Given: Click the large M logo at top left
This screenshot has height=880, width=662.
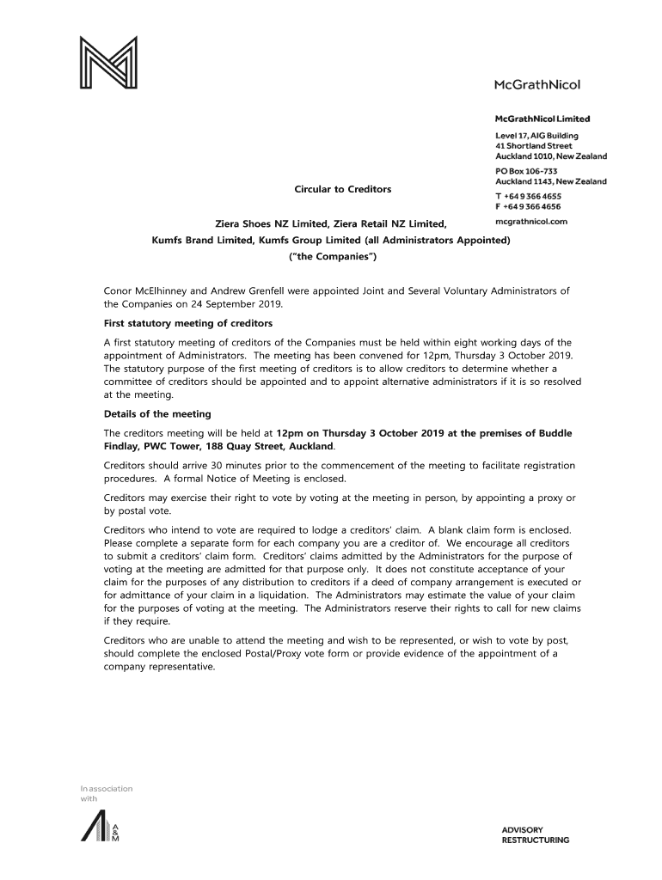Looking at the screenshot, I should [x=108, y=62].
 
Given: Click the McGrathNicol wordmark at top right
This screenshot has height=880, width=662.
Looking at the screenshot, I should [x=536, y=84].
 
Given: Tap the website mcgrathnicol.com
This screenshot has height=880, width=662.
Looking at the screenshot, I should [x=532, y=221].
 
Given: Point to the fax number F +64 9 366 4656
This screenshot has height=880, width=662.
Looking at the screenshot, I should [x=528, y=206].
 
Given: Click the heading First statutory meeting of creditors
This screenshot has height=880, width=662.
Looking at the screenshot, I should [x=187, y=323].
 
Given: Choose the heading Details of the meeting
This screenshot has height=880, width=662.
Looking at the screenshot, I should [x=156, y=414].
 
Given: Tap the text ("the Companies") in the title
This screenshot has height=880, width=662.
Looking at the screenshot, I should [x=331, y=256].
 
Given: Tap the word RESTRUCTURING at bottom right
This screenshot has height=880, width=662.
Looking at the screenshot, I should [x=535, y=840].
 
